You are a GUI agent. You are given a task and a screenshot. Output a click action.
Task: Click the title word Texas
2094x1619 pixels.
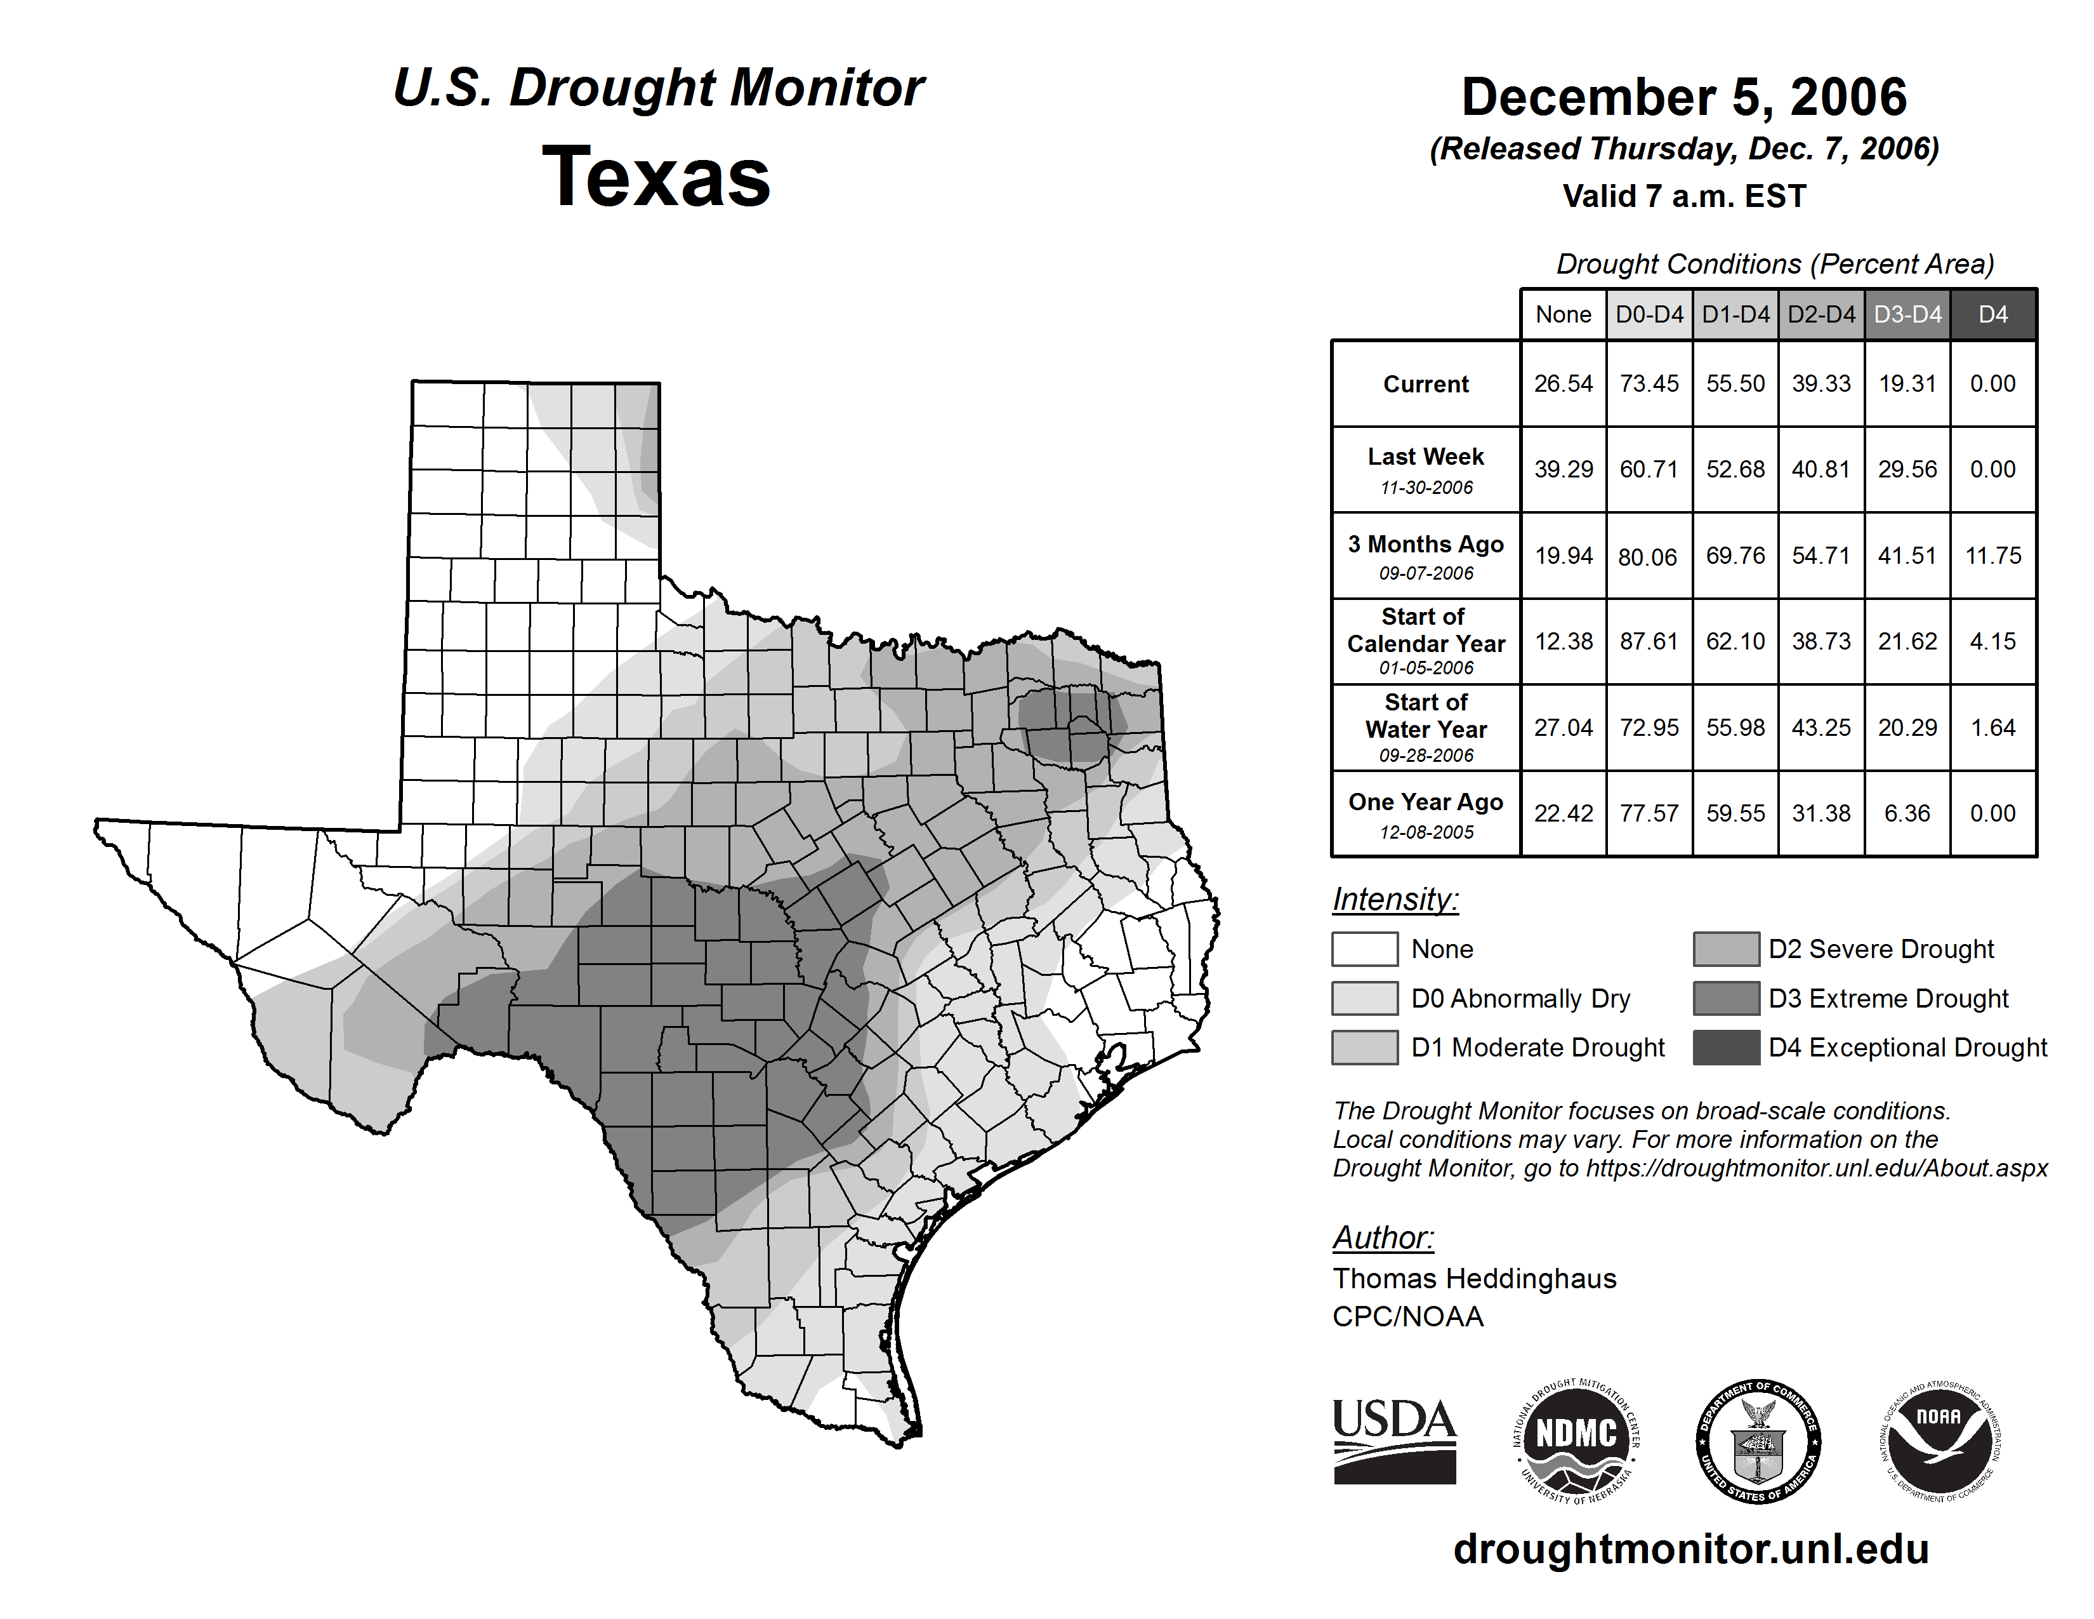click(x=656, y=177)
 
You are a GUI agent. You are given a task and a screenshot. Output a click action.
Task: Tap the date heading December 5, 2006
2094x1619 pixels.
click(x=1683, y=97)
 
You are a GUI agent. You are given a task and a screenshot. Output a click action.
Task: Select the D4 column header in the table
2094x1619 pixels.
click(x=1992, y=314)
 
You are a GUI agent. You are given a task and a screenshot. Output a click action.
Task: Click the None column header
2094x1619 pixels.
click(x=1563, y=314)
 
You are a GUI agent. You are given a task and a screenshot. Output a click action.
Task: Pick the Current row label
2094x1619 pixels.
click(x=1426, y=383)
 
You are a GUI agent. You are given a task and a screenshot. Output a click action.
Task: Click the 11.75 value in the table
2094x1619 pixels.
click(x=1992, y=556)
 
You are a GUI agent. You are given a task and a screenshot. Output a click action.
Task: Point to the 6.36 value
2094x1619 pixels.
click(x=1907, y=813)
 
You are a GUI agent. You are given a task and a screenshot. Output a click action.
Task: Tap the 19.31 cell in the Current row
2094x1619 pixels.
click(x=1907, y=383)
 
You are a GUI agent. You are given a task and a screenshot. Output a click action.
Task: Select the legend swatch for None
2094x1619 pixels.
click(x=1364, y=949)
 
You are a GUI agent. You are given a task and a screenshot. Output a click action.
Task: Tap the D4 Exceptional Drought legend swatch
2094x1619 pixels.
click(x=1726, y=1048)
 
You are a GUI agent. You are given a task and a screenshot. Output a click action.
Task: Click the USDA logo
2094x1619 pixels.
click(x=1394, y=1441)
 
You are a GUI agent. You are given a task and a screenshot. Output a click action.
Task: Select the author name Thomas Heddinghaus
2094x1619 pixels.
click(x=1473, y=1279)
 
